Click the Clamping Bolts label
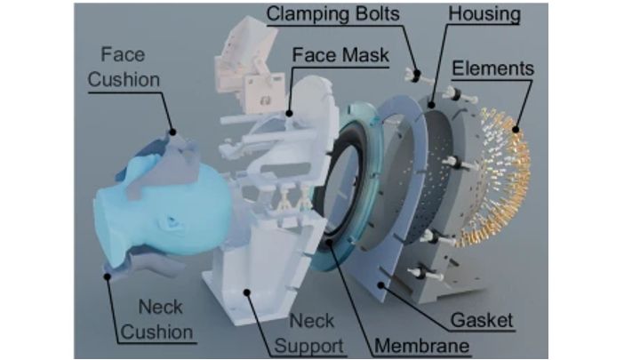click(x=332, y=14)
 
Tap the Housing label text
click(x=484, y=13)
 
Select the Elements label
click(x=492, y=68)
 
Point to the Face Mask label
click(x=340, y=55)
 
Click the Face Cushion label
click(x=124, y=67)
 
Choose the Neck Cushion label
click(x=157, y=320)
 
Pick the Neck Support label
click(x=309, y=333)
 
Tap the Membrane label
click(x=421, y=346)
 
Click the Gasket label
click(x=482, y=320)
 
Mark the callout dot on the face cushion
click(x=172, y=132)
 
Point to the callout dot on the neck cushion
click(x=108, y=276)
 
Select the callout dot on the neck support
click(x=246, y=292)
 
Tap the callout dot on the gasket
click(x=380, y=285)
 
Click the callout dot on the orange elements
click(x=516, y=130)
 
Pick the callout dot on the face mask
click(x=289, y=114)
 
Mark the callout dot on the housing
click(x=431, y=105)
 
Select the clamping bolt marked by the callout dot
click(x=415, y=76)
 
